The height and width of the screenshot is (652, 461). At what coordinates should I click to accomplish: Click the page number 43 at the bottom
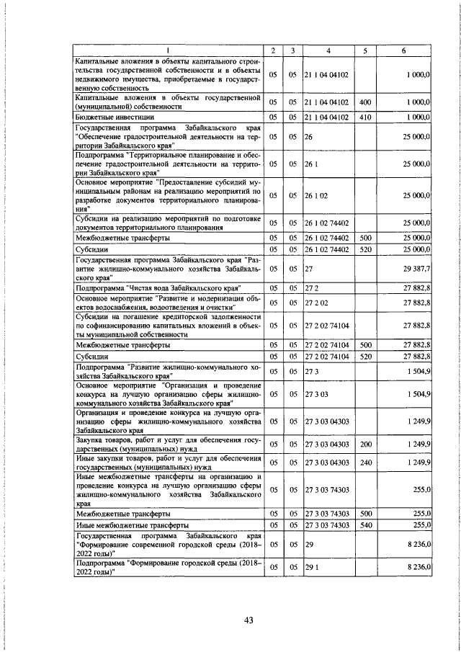pyautogui.click(x=249, y=621)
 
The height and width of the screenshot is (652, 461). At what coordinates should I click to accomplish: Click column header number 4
pyautogui.click(x=328, y=50)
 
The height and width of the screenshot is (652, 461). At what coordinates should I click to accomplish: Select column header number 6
pyautogui.click(x=404, y=50)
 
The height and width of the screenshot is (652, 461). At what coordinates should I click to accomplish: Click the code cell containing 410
pyautogui.click(x=365, y=116)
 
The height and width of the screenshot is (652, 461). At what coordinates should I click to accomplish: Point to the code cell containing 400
pyautogui.click(x=365, y=102)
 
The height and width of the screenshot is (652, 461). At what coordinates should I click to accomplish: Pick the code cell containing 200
pyautogui.click(x=365, y=443)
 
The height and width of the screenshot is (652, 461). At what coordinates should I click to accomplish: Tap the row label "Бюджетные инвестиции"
pyautogui.click(x=115, y=116)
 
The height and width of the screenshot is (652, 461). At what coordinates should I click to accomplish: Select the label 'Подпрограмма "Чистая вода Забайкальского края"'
pyautogui.click(x=158, y=287)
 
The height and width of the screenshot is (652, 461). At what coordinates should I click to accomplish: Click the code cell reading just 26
pyautogui.click(x=308, y=135)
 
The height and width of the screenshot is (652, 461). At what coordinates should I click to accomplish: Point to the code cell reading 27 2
pyautogui.click(x=312, y=287)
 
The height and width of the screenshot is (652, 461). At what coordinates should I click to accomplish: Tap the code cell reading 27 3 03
pyautogui.click(x=317, y=394)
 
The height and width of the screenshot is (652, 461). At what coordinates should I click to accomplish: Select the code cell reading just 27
pyautogui.click(x=308, y=269)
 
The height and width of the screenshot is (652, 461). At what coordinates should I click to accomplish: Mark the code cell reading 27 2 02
pyautogui.click(x=317, y=302)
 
